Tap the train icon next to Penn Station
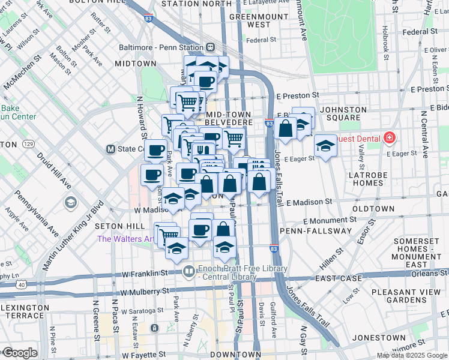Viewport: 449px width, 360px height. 211,47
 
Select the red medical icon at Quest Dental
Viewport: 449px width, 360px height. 390,139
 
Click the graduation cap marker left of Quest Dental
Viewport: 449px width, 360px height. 325,145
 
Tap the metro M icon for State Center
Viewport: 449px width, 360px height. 110,149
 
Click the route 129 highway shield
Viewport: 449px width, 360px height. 28,145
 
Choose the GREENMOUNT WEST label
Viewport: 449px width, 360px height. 250,20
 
